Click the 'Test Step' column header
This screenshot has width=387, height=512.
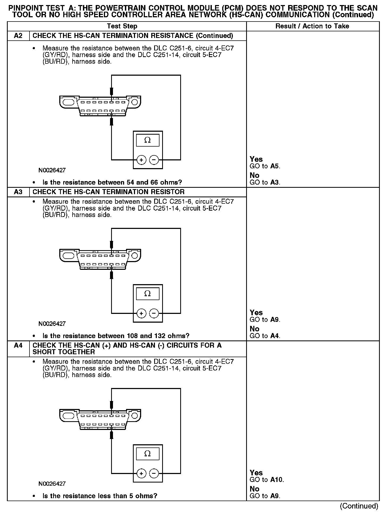tap(122, 26)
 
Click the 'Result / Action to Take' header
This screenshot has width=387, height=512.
tap(312, 26)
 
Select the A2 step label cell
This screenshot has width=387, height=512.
tap(18, 36)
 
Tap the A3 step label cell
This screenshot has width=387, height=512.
tap(18, 192)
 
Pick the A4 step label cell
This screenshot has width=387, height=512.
tap(18, 345)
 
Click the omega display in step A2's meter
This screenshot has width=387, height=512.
tap(148, 140)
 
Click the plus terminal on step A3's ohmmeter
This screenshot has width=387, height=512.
tap(141, 313)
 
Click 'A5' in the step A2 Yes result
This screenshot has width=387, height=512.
tap(275, 166)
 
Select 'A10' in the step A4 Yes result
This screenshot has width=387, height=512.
tap(277, 480)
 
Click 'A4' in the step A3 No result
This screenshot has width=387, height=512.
tap(275, 336)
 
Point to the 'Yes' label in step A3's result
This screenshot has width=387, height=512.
tap(256, 313)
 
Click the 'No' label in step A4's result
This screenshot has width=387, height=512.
tap(254, 489)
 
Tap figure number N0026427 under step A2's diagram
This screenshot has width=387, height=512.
tap(52, 170)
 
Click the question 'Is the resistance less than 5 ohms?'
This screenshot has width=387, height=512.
tap(100, 496)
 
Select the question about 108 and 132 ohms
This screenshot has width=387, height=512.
tap(116, 336)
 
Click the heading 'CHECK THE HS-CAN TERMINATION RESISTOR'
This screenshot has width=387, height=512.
tap(108, 192)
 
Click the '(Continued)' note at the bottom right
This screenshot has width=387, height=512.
tap(359, 506)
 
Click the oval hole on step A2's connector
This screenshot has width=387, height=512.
tap(68, 102)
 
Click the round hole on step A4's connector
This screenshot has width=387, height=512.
tap(135, 416)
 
